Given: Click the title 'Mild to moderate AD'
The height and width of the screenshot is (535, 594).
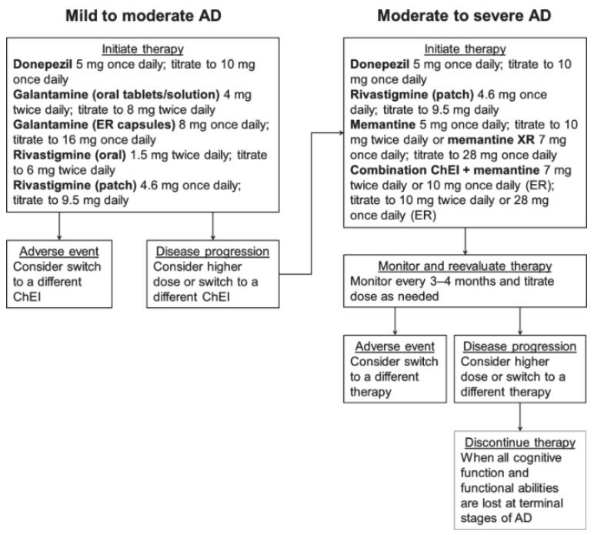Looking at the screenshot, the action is [143, 16].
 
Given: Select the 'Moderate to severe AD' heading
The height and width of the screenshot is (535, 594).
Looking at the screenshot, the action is [464, 16].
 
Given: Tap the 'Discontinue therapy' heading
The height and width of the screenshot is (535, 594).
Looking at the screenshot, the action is [520, 443].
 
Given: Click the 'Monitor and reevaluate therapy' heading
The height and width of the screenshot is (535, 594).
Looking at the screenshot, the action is [465, 266].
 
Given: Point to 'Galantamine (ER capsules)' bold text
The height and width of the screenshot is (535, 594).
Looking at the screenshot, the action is [94, 125].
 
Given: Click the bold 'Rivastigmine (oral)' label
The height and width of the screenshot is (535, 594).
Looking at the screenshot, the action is [69, 155].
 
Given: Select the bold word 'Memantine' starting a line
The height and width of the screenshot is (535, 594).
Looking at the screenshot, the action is [382, 125].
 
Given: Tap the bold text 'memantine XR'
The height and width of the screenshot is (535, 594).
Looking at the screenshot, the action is [491, 140].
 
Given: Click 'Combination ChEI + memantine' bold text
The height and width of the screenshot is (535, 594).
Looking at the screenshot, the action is [445, 170].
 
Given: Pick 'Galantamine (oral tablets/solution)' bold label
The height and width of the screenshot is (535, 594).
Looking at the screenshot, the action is [116, 95].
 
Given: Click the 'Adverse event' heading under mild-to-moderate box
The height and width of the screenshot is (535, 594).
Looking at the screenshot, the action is [59, 252].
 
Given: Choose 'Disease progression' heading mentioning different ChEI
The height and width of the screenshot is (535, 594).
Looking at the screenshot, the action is [212, 252].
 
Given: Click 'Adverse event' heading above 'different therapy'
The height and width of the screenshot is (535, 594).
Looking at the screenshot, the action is [395, 346].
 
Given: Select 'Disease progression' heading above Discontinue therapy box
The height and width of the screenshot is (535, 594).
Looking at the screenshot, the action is [520, 346].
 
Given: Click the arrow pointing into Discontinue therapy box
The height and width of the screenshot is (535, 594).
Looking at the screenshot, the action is [520, 416].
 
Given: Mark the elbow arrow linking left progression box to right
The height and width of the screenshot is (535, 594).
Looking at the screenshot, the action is [312, 203].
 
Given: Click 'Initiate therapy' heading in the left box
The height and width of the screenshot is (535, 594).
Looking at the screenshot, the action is [143, 49].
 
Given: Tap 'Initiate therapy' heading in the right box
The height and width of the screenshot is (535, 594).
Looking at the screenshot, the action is [465, 49].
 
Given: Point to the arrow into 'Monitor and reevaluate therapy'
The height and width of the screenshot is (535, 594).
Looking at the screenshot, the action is [466, 242].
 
